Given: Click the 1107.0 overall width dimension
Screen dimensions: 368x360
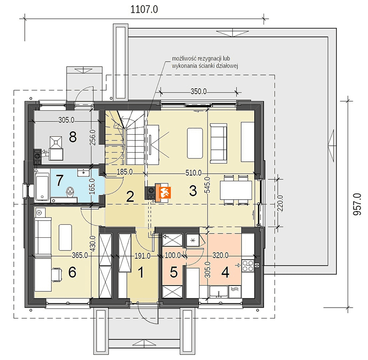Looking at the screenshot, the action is tap(144, 10).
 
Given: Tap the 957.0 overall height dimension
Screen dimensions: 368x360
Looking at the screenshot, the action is tap(357, 205).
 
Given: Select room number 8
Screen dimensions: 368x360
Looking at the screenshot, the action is tap(73, 137).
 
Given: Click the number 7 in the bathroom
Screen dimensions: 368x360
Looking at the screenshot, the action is tap(59, 181).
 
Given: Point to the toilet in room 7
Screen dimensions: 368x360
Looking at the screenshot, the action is tap(70, 192).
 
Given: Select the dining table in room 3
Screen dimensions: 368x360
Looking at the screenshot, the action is tap(236, 190).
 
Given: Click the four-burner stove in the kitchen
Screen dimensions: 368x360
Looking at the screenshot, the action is tap(248, 266).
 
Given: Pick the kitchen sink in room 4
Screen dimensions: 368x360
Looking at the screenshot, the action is tap(219, 292).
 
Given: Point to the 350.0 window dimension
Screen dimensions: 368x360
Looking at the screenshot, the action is tap(199, 91).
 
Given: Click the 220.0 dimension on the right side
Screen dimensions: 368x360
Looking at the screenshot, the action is tap(280, 203).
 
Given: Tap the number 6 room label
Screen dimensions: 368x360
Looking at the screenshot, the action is tap(72, 273).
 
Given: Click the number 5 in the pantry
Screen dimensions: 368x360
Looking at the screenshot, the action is tap(173, 273).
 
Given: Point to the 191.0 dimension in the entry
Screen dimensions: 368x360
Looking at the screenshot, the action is tap(143, 256).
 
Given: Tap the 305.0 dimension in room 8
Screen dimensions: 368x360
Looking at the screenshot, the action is tap(66, 120).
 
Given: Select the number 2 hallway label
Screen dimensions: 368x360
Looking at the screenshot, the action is tap(130, 196).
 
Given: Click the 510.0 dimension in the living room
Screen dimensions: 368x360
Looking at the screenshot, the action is tap(193, 173).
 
